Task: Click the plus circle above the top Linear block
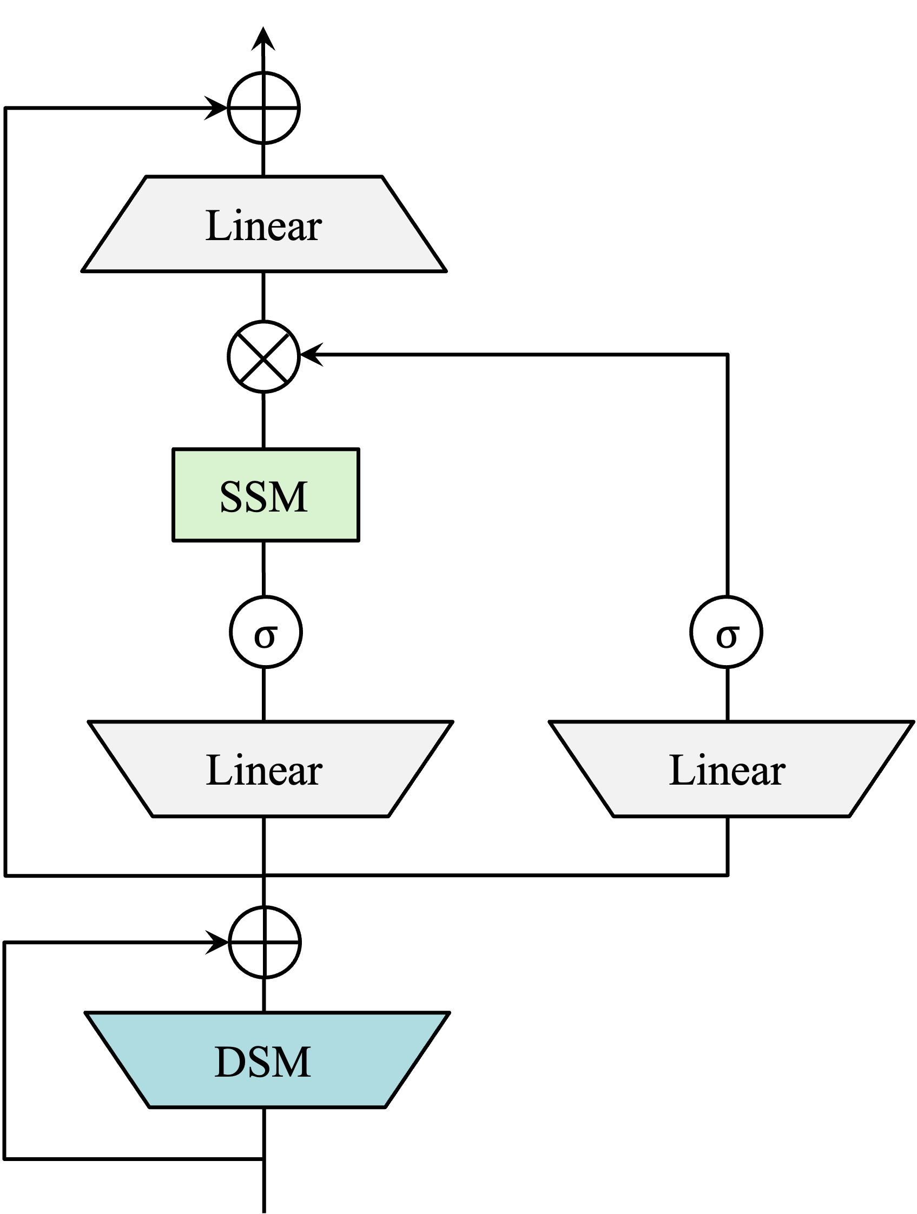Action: pyautogui.click(x=263, y=108)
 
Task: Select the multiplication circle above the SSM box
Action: pyautogui.click(x=263, y=357)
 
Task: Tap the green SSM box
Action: pyautogui.click(x=266, y=494)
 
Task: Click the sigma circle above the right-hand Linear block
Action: pyautogui.click(x=726, y=632)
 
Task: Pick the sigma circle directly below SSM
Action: pyautogui.click(x=266, y=632)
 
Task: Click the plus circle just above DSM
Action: pyautogui.click(x=265, y=943)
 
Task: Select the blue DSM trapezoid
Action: pyautogui.click(x=267, y=1060)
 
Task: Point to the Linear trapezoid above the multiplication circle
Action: pyautogui.click(x=263, y=224)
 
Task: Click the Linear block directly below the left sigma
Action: pyautogui.click(x=270, y=769)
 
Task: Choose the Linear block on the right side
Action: pyautogui.click(x=731, y=769)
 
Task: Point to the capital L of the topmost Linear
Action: pyautogui.click(x=216, y=225)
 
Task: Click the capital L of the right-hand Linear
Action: pyautogui.click(x=680, y=770)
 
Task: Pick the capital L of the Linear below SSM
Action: pyautogui.click(x=217, y=770)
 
